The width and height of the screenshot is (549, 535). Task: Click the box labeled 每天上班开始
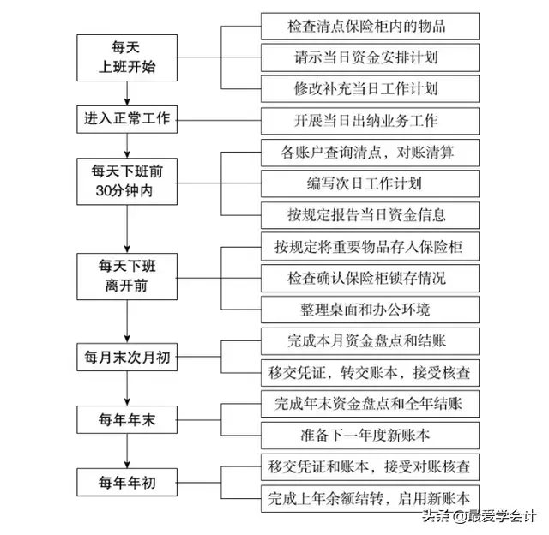click(x=128, y=56)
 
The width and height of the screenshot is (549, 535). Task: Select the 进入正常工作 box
click(x=128, y=119)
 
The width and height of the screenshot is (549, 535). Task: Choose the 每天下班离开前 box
click(x=128, y=276)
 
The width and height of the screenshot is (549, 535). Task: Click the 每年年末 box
click(x=128, y=420)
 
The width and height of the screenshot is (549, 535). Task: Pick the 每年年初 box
click(x=128, y=483)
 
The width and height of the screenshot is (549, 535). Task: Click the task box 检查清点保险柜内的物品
click(x=367, y=25)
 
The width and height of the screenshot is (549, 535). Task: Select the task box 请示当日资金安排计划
click(x=367, y=57)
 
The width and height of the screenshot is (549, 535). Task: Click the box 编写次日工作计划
click(x=367, y=183)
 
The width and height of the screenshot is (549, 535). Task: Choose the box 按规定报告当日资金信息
click(x=367, y=214)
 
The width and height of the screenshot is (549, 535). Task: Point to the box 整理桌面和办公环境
click(x=367, y=309)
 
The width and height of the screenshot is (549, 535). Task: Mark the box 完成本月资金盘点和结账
click(x=367, y=341)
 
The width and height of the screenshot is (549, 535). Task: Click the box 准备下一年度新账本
click(x=367, y=435)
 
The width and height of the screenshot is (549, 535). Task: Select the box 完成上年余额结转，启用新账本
click(x=367, y=497)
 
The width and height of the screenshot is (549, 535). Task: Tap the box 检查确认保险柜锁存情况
click(x=367, y=278)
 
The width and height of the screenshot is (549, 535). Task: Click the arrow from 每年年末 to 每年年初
click(x=128, y=451)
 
